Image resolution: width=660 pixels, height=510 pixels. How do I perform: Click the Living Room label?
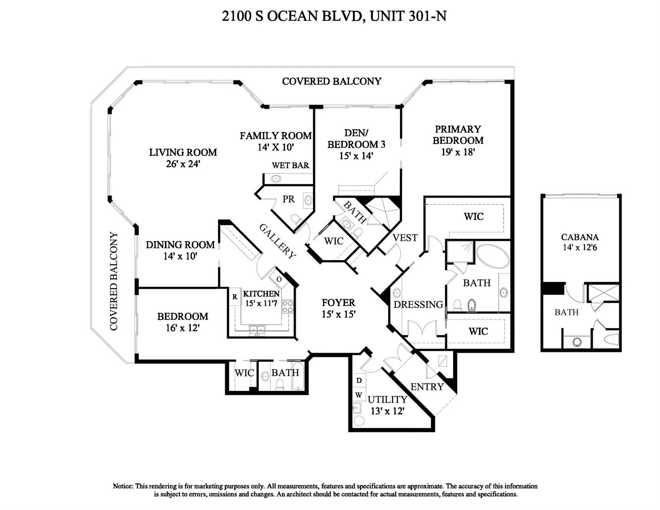(183, 153)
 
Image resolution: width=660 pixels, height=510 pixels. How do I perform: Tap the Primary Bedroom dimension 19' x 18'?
(458, 152)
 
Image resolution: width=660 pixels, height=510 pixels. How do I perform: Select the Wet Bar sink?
(276, 179)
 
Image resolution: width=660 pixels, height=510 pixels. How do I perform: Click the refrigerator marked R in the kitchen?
(235, 297)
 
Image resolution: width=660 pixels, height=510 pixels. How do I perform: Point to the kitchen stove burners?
(288, 307)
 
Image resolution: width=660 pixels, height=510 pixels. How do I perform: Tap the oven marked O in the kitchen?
(279, 279)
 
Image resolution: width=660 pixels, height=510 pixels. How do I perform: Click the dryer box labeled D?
(359, 380)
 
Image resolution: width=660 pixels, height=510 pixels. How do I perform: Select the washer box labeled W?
(359, 395)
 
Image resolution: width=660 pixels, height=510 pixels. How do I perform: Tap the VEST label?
(405, 238)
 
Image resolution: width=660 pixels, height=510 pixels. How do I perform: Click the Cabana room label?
(580, 237)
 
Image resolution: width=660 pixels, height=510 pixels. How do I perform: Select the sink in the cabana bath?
(577, 342)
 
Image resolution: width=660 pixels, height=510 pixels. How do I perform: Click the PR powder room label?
(288, 199)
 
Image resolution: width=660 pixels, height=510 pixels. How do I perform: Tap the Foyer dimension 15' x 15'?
(338, 314)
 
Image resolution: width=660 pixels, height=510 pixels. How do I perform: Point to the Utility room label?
(387, 399)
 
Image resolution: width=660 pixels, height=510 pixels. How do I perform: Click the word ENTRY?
(427, 387)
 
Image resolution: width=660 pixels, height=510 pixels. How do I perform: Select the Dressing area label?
(418, 304)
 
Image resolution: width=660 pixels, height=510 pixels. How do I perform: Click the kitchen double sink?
(257, 329)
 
